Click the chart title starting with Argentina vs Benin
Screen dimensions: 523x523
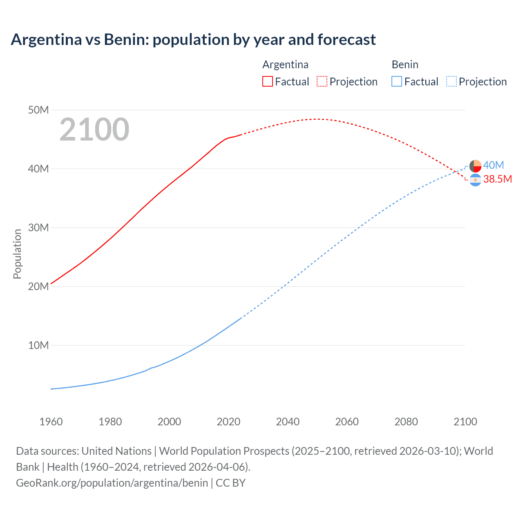point(193,40)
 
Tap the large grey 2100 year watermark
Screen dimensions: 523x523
point(94,130)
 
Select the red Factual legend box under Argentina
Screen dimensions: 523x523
point(267,82)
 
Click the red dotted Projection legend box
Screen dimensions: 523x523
point(322,82)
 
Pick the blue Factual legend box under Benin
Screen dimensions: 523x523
point(396,82)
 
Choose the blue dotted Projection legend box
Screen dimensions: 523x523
point(451,82)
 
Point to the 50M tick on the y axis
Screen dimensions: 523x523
point(38,110)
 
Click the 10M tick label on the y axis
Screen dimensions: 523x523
point(38,345)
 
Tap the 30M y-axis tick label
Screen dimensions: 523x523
point(38,228)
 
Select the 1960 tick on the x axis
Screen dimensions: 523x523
point(51,422)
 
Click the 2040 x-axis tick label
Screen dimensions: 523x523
point(288,422)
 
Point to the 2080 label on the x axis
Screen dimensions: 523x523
point(406,422)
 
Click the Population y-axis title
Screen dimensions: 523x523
point(17,254)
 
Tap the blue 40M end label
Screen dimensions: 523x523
point(494,165)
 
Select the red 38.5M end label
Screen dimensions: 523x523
point(497,179)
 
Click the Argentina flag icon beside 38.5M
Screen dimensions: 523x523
point(475,180)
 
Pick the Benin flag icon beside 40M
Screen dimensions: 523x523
point(475,166)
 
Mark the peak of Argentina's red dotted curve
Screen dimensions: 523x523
point(317,119)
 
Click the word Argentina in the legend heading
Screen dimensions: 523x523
point(285,65)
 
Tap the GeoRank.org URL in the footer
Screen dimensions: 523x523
point(112,483)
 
